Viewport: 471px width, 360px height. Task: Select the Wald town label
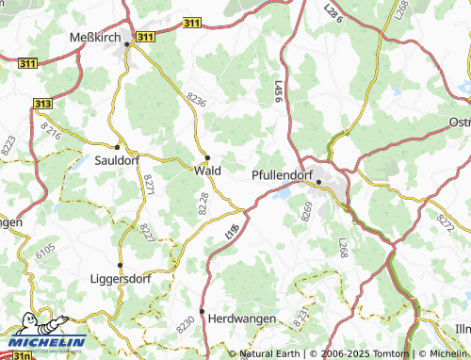tap(207, 171)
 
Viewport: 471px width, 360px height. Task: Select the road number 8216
tap(50, 130)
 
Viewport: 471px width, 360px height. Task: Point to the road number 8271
tap(148, 185)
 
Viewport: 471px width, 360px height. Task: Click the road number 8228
tap(203, 203)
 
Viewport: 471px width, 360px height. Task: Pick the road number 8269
tap(307, 212)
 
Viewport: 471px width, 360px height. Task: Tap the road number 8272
tap(446, 222)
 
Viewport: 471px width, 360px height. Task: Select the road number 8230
tap(186, 321)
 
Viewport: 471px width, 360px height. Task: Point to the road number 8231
tap(300, 318)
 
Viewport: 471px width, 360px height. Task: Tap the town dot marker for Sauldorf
tap(117, 147)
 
